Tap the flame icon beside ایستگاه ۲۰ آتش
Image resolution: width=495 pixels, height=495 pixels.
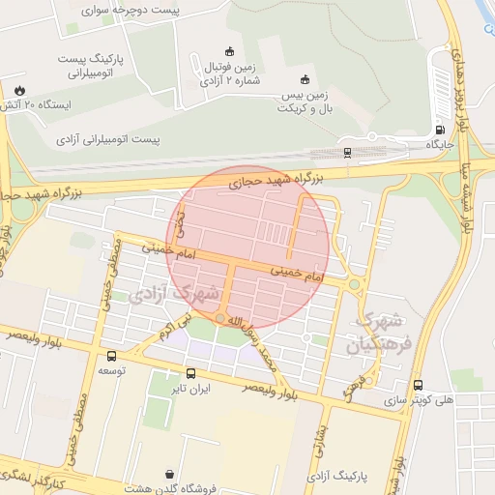(19, 89)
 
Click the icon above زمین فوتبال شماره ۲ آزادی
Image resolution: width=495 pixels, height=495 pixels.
(229, 51)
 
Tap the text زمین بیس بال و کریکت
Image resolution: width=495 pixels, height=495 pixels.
(306, 102)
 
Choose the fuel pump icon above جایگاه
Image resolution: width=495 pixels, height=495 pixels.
(441, 130)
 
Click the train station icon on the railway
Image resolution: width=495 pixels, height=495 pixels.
(346, 152)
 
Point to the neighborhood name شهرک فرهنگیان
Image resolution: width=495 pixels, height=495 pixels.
(379, 332)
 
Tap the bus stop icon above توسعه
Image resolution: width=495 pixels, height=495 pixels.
(110, 356)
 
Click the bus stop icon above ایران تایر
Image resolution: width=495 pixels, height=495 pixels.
(190, 373)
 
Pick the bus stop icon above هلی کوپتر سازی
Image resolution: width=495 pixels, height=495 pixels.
(418, 385)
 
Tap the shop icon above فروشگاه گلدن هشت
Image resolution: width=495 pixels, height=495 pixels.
(171, 475)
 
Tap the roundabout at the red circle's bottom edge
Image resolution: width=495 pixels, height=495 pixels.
(220, 319)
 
